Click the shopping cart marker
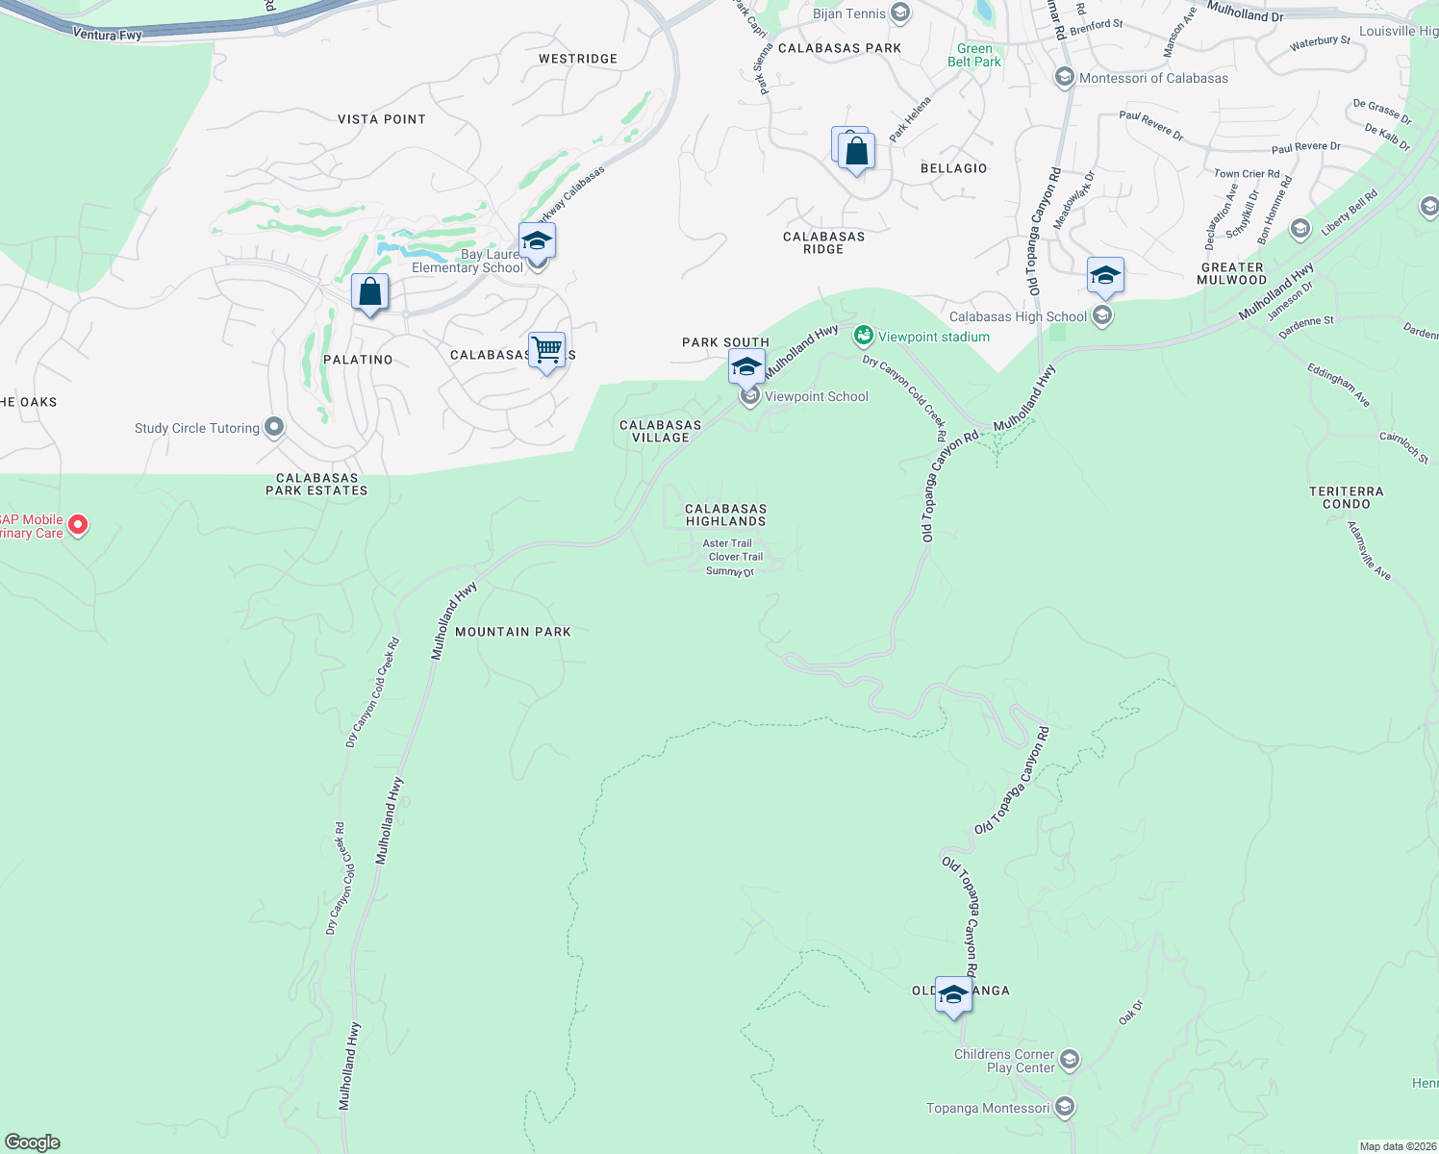[546, 349]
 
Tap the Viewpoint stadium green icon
[864, 336]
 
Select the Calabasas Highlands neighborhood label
[725, 514]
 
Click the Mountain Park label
[513, 632]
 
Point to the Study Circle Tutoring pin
[274, 427]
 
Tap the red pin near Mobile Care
[79, 525]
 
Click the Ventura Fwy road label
[108, 35]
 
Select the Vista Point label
[382, 119]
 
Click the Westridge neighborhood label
[577, 59]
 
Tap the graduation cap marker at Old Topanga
[953, 995]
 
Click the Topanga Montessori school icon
[1065, 1107]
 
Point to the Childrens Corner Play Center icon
[1069, 1060]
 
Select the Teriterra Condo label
[1346, 497]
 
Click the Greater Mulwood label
[1232, 274]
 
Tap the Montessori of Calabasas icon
[1064, 77]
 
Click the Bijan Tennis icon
[900, 13]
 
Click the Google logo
[33, 1142]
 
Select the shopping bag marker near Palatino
[369, 291]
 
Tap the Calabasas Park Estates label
[316, 484]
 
